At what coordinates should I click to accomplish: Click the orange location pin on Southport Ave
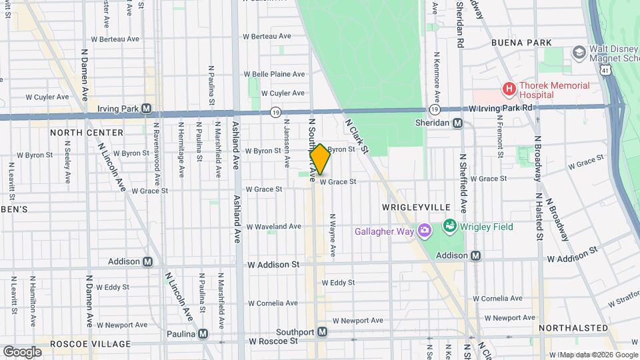coord(320,159)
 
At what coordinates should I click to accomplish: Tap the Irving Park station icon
coord(146,108)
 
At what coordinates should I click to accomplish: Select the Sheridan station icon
coord(457,123)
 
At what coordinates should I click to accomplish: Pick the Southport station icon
coord(322,331)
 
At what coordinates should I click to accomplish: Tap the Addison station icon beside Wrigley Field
coord(476,255)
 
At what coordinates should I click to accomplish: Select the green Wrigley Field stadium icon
coord(450,227)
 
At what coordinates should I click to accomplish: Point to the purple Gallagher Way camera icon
coord(425,230)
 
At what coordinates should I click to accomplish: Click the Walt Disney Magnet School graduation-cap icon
coord(578,53)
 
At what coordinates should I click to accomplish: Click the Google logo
coord(22,351)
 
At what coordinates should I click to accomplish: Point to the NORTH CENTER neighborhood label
coord(87,133)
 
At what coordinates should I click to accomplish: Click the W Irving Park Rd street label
coord(501,107)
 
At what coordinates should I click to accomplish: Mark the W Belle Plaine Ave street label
coord(274,74)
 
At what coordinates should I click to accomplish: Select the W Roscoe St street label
coord(273,341)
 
